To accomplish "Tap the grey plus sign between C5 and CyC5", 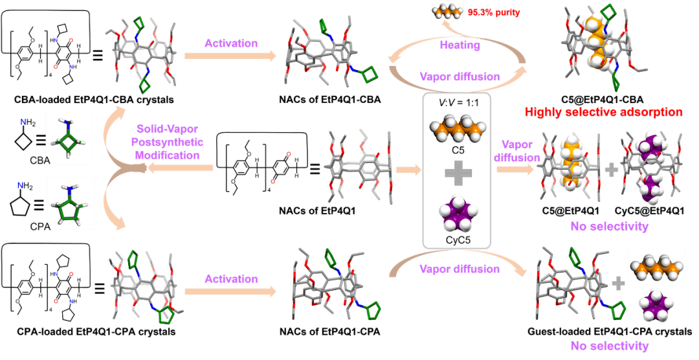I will point(457,172).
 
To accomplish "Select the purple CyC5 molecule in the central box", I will point(457,214).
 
